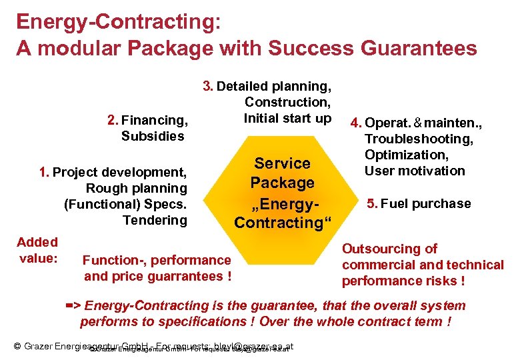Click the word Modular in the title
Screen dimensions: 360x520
[x=73, y=48]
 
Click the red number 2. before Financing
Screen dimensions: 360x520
[x=113, y=121]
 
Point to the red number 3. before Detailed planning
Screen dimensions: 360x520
[x=208, y=86]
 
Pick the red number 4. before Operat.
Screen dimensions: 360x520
[x=355, y=123]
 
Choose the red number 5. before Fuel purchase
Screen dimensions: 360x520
[x=373, y=204]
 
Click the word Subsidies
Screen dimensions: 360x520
[x=153, y=137]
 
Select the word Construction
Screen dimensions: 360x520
[x=288, y=102]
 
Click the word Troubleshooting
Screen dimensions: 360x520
[x=419, y=139]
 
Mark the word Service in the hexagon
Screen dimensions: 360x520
[x=283, y=163]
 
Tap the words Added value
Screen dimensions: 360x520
[x=37, y=250]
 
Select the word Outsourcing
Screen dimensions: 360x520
[x=373, y=249]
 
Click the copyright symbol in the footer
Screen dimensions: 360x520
[x=18, y=346]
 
